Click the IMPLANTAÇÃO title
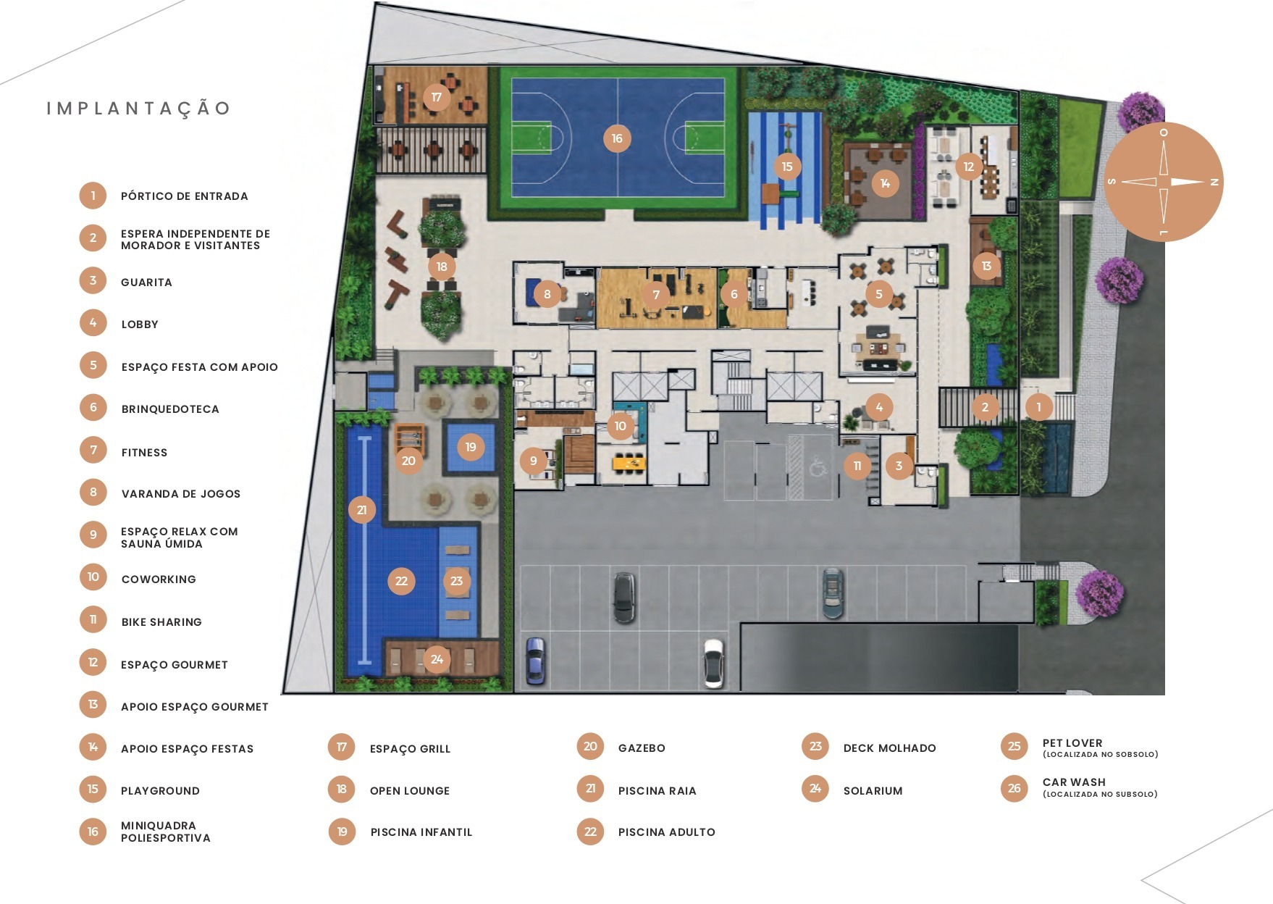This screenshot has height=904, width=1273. click(x=138, y=109)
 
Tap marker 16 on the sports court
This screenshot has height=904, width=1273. click(x=617, y=138)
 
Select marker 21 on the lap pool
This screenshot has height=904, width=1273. click(x=362, y=510)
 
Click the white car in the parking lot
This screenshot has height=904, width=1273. click(x=714, y=663)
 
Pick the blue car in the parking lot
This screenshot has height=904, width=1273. click(x=535, y=660)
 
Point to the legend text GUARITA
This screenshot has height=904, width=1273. click(x=146, y=282)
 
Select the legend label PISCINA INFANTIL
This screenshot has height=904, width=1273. click(x=421, y=832)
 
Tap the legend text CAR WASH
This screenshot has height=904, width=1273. click(x=1073, y=782)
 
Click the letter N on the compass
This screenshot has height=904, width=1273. click(x=1214, y=183)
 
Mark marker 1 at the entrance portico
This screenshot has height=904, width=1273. click(x=1038, y=407)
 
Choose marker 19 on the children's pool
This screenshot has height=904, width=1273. click(x=471, y=447)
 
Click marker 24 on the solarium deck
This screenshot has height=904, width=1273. click(x=437, y=659)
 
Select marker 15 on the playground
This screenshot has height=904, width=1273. click(x=787, y=167)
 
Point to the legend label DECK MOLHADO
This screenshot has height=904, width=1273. click(x=889, y=748)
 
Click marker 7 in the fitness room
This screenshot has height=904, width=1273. click(x=656, y=295)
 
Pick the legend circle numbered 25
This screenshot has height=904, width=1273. click(x=1014, y=747)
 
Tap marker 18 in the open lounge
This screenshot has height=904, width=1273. click(x=442, y=267)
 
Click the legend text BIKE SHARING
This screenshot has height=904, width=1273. click(x=161, y=622)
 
